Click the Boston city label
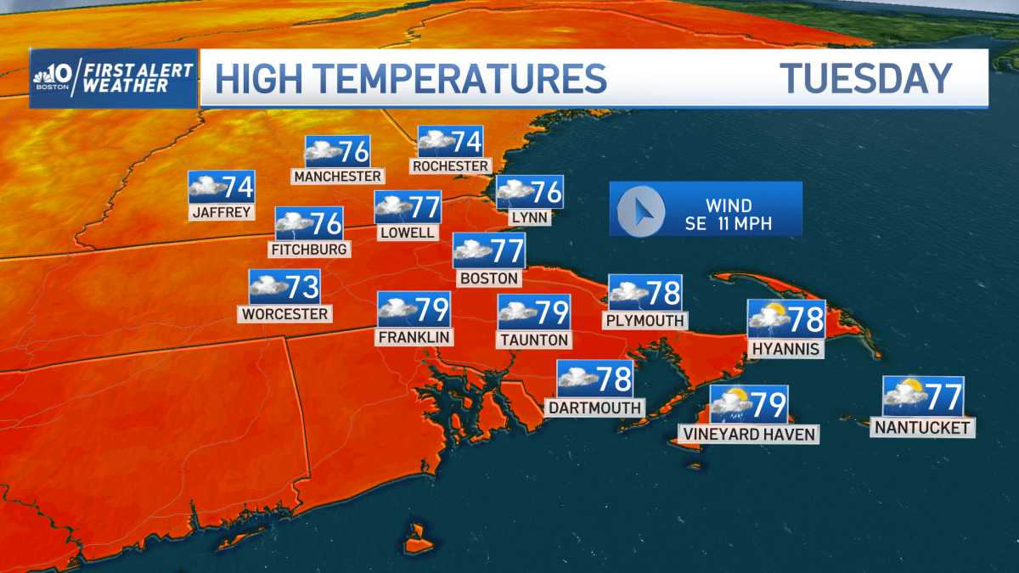(488, 278)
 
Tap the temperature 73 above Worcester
(301, 287)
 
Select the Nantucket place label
(922, 428)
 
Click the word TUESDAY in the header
(866, 79)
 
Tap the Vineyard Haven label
(748, 435)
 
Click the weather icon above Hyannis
(768, 319)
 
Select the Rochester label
(451, 166)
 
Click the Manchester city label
(337, 176)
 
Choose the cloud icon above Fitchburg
(293, 224)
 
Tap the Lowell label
(408, 232)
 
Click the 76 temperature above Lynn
(546, 193)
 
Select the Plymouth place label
(645, 320)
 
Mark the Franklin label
(414, 337)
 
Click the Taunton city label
(533, 340)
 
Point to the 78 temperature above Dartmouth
(613, 379)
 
